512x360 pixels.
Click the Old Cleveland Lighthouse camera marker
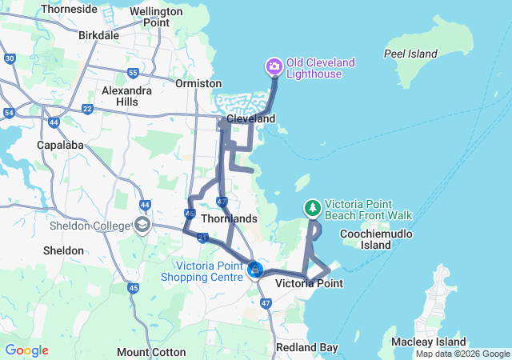click(274, 66)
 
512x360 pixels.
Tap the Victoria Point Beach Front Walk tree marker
click(312, 208)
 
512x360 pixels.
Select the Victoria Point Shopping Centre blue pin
click(255, 270)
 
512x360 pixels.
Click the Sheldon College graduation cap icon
click(142, 225)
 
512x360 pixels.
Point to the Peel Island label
click(411, 54)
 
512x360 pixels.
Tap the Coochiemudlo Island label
click(365, 239)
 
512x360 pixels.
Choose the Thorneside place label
click(69, 10)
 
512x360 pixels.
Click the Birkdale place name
click(99, 35)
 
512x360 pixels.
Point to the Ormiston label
click(198, 83)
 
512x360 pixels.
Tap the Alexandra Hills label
click(126, 97)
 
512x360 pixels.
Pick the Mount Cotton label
click(151, 352)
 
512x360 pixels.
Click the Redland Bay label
click(306, 348)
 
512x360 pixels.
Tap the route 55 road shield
click(133, 73)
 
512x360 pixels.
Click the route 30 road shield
click(10, 58)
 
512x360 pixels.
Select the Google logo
click(26, 350)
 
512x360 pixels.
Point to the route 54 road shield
click(10, 114)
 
